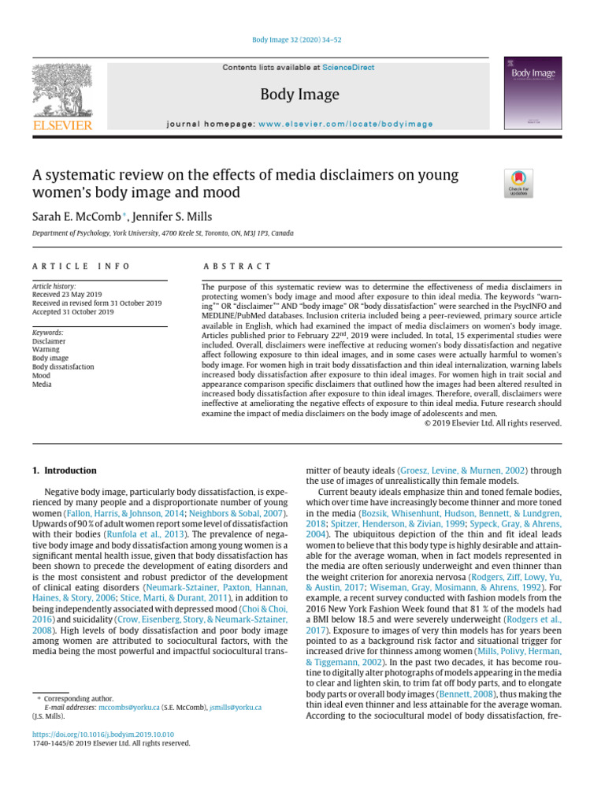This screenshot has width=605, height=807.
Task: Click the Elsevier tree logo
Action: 61,93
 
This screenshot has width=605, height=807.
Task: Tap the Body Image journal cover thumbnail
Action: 532,93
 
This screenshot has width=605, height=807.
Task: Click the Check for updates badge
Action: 518,183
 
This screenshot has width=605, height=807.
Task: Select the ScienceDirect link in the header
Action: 352,68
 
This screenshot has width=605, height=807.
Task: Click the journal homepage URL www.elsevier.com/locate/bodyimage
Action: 346,125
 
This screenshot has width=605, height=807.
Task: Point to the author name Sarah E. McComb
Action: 76,216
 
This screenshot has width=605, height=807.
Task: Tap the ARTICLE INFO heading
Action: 81,267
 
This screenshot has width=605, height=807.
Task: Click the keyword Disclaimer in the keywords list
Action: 49,341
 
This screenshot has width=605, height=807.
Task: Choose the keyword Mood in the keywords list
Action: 41,376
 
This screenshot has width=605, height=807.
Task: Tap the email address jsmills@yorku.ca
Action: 236,708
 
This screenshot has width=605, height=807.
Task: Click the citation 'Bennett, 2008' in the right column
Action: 450,694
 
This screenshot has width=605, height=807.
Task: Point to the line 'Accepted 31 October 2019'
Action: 72,312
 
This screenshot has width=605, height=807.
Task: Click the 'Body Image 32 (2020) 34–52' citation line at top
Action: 302,38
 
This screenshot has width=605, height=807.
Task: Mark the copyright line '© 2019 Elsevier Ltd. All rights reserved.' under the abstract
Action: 492,423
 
